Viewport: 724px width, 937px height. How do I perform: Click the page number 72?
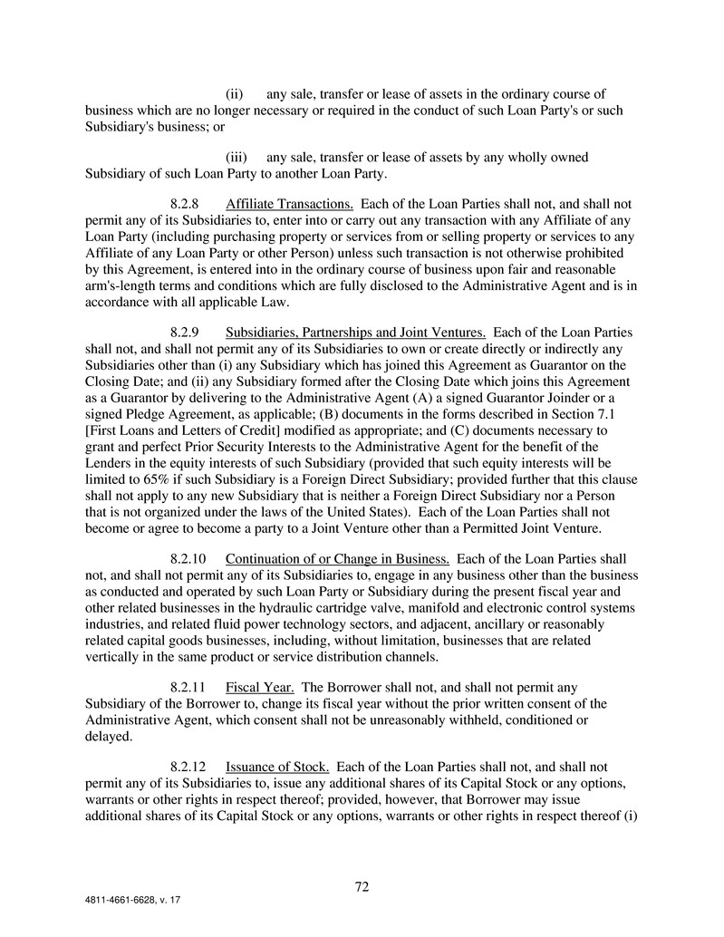click(362, 886)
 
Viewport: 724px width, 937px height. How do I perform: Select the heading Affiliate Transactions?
click(289, 204)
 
